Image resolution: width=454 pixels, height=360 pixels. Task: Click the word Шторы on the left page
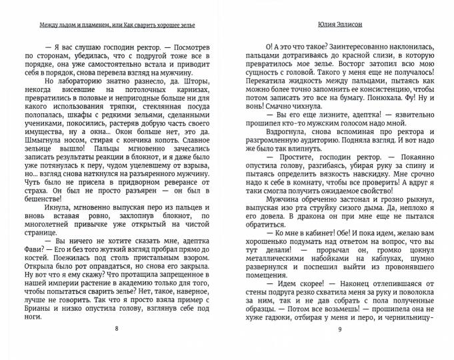(193, 81)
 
